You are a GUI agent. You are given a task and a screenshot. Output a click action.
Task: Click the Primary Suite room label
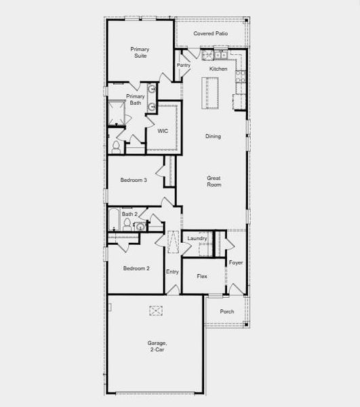(x=140, y=52)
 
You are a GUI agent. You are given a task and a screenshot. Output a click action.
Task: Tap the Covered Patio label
(x=210, y=33)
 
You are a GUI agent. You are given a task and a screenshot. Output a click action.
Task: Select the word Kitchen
(x=218, y=69)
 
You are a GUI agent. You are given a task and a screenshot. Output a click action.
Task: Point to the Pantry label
(x=184, y=65)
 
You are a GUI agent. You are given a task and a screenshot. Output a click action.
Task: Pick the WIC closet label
(x=163, y=130)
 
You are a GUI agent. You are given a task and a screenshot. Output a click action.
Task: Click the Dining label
(x=213, y=136)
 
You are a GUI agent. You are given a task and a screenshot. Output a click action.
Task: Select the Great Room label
(x=214, y=181)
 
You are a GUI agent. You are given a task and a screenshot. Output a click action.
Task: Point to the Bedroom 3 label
(x=134, y=180)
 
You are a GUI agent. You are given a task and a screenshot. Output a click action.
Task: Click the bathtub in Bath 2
(x=114, y=220)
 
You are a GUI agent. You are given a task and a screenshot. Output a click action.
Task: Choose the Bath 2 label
(x=129, y=214)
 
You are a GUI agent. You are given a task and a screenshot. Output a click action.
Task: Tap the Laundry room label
(x=197, y=239)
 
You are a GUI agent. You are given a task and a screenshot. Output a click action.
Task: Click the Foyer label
(x=235, y=263)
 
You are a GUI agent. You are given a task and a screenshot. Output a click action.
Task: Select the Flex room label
(x=202, y=277)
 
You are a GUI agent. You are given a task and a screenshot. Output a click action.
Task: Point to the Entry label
(x=173, y=272)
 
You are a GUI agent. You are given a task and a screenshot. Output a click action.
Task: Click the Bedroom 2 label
(x=136, y=269)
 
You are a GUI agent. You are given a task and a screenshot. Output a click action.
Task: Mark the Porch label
(x=227, y=312)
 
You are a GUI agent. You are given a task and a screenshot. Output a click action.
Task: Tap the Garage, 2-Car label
(x=157, y=347)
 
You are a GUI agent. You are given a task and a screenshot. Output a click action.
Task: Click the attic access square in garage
(x=157, y=311)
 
